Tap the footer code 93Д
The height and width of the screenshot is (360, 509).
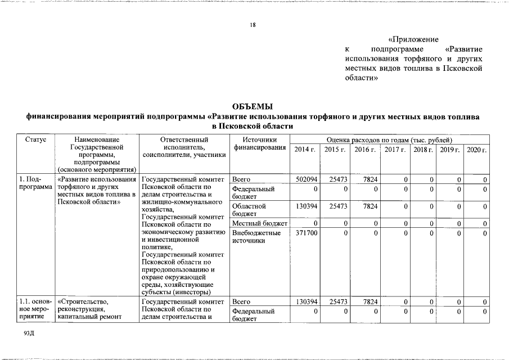coord(30,334)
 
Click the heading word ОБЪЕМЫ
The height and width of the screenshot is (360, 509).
coord(253,106)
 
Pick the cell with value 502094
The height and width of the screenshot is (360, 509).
coord(307,179)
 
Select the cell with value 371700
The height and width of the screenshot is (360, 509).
coord(307,232)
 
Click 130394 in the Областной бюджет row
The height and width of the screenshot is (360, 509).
coord(307,206)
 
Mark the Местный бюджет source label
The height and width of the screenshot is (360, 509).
coord(259,224)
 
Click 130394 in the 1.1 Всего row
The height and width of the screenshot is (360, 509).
coord(307,301)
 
